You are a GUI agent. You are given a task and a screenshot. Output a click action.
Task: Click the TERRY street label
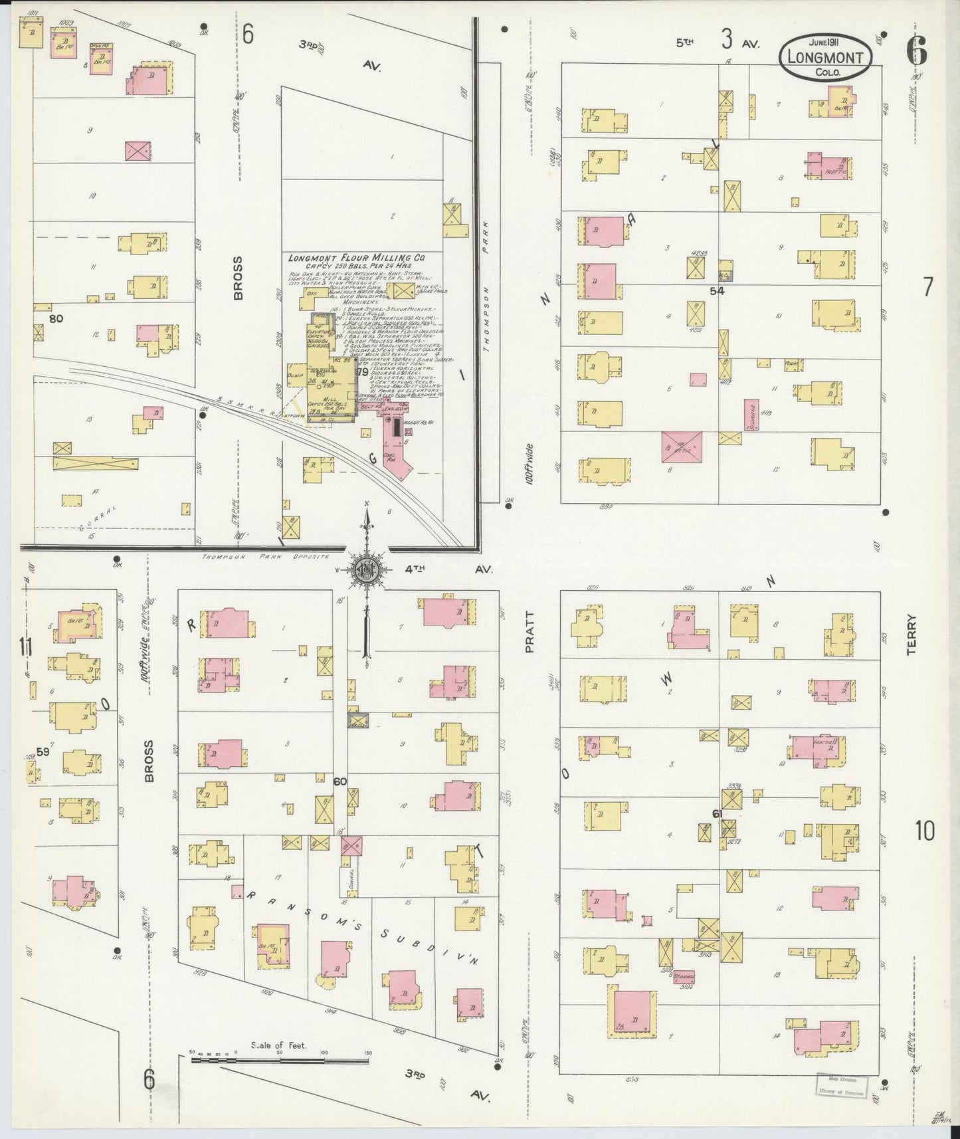click(910, 635)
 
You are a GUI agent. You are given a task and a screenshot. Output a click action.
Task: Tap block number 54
click(716, 290)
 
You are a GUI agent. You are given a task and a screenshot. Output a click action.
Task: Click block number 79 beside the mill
click(362, 372)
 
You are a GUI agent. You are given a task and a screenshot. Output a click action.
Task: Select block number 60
click(339, 781)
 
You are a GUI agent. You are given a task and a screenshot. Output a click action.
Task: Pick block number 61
click(717, 813)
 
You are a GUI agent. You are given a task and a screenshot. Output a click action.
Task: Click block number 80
click(56, 318)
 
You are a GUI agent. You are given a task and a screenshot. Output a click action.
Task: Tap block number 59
click(43, 752)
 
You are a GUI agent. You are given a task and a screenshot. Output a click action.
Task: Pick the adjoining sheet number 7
click(927, 286)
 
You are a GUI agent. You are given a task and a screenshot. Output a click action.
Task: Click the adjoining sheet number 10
click(924, 830)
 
